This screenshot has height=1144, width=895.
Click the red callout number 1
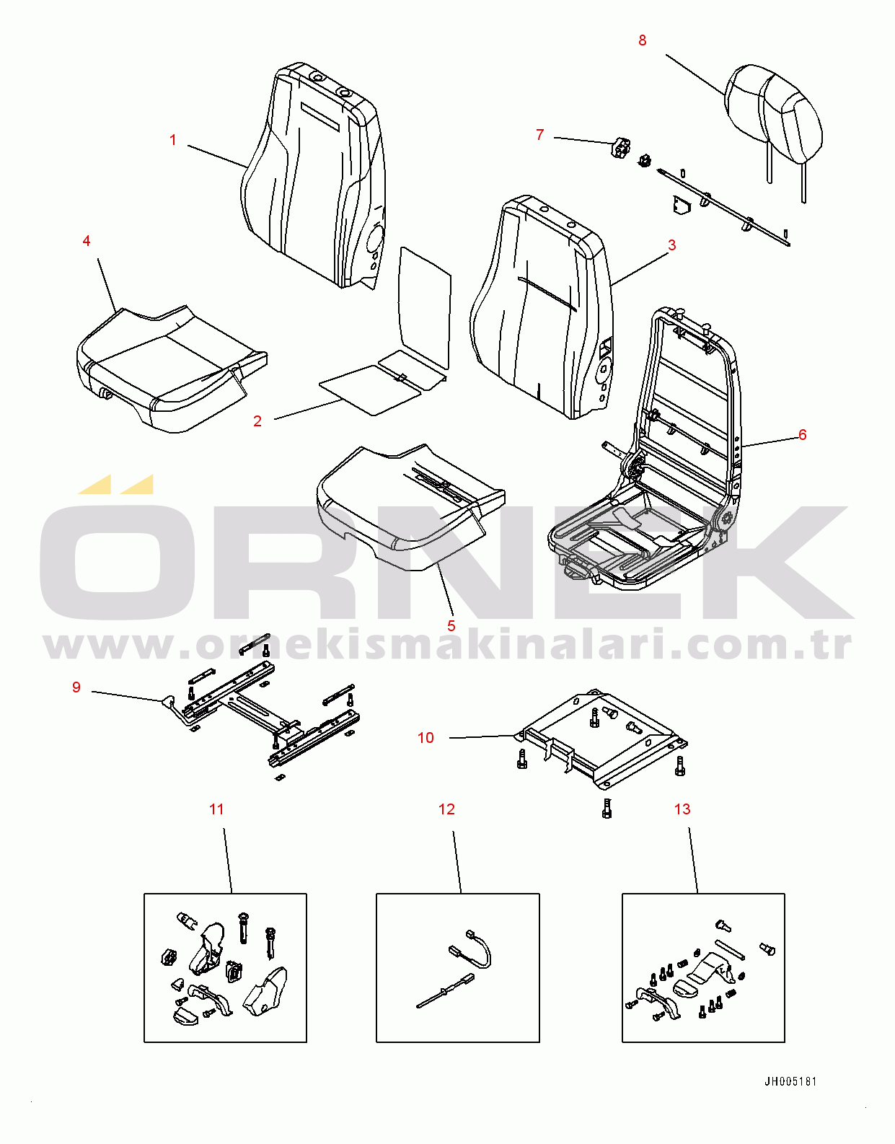(x=172, y=140)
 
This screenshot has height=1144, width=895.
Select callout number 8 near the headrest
(x=643, y=40)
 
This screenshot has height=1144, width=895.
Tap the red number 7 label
(x=539, y=135)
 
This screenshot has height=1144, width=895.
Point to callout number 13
(x=682, y=809)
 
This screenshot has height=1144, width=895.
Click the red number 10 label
(x=426, y=738)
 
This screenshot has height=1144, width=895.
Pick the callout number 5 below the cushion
(x=451, y=626)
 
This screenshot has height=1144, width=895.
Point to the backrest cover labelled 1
(x=313, y=177)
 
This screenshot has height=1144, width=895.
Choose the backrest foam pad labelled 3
(x=542, y=305)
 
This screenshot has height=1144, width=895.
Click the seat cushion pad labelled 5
(x=410, y=506)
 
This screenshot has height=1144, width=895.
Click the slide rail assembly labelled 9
(x=268, y=710)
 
